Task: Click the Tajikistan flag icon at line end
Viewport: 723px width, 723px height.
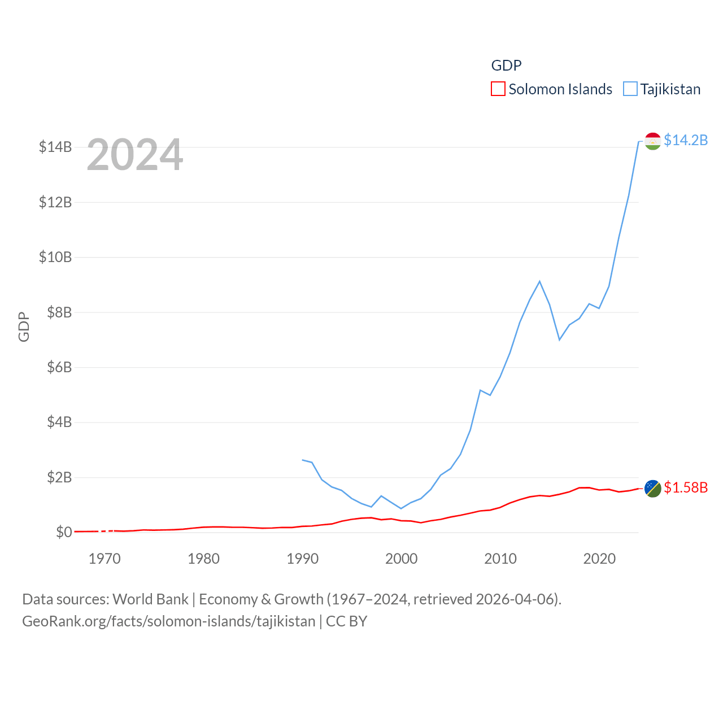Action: [x=652, y=141]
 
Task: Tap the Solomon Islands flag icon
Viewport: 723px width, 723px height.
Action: [x=652, y=489]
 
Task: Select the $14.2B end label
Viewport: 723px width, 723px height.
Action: [x=686, y=140]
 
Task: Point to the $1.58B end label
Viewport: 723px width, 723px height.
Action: [x=686, y=487]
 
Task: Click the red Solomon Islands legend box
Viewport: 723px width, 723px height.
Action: [x=498, y=89]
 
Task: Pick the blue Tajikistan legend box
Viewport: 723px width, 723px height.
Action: [x=630, y=89]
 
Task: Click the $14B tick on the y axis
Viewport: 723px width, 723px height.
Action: [x=55, y=147]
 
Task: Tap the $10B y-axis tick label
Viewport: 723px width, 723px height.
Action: [x=55, y=258]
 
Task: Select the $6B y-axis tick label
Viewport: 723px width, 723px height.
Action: [x=59, y=368]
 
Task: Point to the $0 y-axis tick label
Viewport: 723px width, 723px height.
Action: [x=64, y=533]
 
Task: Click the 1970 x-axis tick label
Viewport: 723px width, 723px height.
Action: [x=104, y=559]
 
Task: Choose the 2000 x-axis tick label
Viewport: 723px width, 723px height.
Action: [x=401, y=559]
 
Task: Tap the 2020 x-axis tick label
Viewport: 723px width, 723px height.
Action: [x=599, y=559]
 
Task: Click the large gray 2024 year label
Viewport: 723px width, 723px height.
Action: [x=135, y=155]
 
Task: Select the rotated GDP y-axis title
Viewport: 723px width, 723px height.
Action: [x=24, y=326]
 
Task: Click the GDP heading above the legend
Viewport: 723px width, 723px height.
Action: [x=506, y=66]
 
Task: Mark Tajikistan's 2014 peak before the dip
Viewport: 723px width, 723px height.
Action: [x=539, y=281]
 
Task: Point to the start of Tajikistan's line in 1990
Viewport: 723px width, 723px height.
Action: [x=303, y=460]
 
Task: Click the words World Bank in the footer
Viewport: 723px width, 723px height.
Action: [x=150, y=599]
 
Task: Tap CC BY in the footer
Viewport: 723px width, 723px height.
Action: [x=346, y=621]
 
